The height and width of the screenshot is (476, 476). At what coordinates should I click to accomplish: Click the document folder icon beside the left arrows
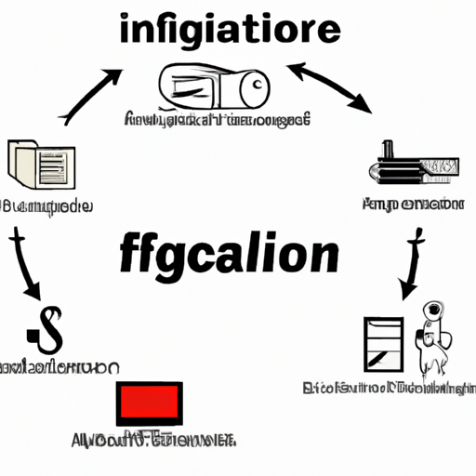(x=35, y=165)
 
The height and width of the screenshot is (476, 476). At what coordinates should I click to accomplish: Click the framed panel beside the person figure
(x=383, y=344)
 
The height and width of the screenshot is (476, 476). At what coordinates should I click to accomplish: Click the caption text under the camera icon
(x=217, y=121)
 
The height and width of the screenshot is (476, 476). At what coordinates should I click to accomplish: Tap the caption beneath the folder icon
(x=46, y=205)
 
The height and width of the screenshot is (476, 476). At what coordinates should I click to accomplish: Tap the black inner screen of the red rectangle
(x=149, y=403)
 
